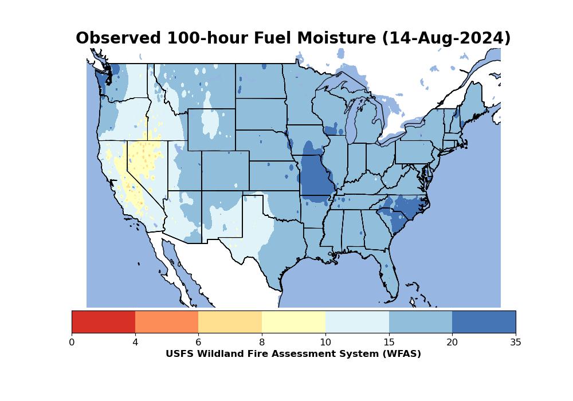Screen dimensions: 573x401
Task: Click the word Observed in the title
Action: [x=118, y=38]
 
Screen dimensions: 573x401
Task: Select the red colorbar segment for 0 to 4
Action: [x=103, y=322]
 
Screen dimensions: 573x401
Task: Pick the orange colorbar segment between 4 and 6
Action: [x=167, y=322]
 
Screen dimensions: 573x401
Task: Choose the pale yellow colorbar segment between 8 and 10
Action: [x=294, y=322]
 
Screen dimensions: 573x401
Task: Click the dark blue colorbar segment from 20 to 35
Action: [x=484, y=322]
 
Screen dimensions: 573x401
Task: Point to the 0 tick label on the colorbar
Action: [x=72, y=342]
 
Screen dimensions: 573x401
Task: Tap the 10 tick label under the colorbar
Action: [x=325, y=342]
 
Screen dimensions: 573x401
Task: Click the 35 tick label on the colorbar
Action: [x=516, y=342]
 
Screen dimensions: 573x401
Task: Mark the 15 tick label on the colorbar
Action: [x=389, y=342]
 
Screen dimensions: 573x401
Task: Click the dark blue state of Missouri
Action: [x=315, y=175]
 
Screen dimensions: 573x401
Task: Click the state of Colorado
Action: [x=225, y=171]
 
